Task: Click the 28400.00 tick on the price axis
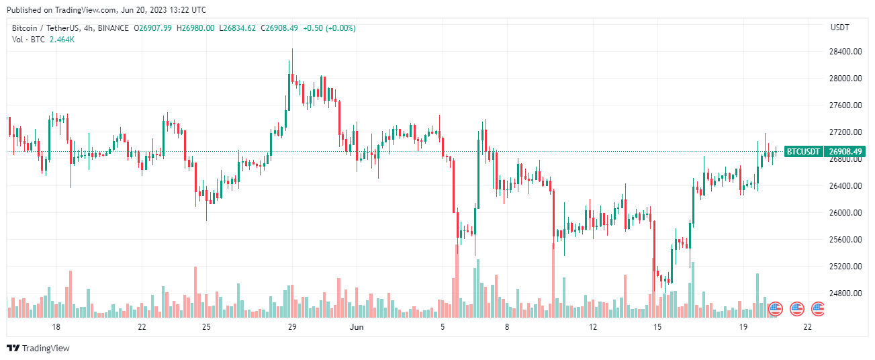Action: [845, 52]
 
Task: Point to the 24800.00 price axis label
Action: [845, 294]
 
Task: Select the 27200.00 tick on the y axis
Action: [845, 132]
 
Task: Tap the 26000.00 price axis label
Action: [845, 213]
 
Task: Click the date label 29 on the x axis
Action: [292, 327]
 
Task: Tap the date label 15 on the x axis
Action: [657, 327]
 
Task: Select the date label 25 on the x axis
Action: [206, 327]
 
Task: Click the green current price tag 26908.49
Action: [845, 152]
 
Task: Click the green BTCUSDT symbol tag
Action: [803, 152]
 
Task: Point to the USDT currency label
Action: [840, 28]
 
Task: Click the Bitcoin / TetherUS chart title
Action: [50, 28]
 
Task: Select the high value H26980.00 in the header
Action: [196, 28]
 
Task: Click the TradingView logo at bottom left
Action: [38, 348]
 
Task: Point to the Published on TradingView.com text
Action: [106, 10]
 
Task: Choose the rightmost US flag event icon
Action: [818, 309]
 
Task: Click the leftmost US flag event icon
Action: [775, 309]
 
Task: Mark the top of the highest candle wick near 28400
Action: [292, 49]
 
